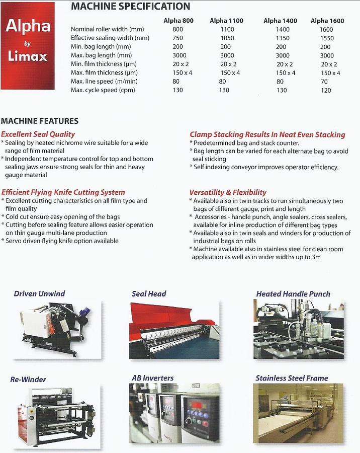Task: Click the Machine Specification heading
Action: pyautogui.click(x=130, y=7)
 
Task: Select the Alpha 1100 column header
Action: pyautogui.click(x=226, y=21)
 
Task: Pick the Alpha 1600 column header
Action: pyautogui.click(x=327, y=21)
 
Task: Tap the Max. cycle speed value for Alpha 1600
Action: pyautogui.click(x=326, y=90)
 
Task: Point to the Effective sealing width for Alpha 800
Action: pyautogui.click(x=177, y=38)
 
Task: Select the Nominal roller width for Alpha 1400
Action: pyautogui.click(x=283, y=30)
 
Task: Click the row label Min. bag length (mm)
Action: pyautogui.click(x=101, y=47)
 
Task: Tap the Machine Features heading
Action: pyautogui.click(x=40, y=121)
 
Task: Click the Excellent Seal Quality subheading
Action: pyautogui.click(x=38, y=134)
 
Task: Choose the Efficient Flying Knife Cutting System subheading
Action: pyautogui.click(x=63, y=192)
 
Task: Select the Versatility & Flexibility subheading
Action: pyautogui.click(x=228, y=192)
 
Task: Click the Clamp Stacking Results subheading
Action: pyautogui.click(x=267, y=134)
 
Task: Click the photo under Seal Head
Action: pyautogui.click(x=174, y=330)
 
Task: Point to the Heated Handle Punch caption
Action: pyautogui.click(x=293, y=294)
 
